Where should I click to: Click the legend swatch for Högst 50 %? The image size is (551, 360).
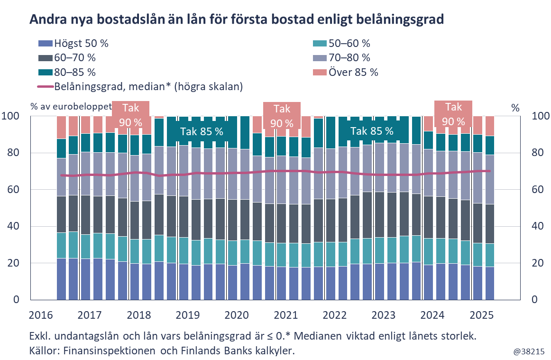click(45, 44)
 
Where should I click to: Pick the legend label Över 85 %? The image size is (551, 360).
click(353, 73)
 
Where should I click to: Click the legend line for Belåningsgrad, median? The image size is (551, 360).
click(45, 87)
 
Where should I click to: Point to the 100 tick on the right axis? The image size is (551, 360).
click(540, 116)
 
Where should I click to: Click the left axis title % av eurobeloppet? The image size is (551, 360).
click(71, 106)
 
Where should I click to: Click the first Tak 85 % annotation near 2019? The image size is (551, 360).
click(202, 131)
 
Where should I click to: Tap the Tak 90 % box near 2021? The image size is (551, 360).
click(282, 116)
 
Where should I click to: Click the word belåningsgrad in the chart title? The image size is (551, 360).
click(407, 19)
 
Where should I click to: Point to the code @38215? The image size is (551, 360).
click(528, 351)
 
